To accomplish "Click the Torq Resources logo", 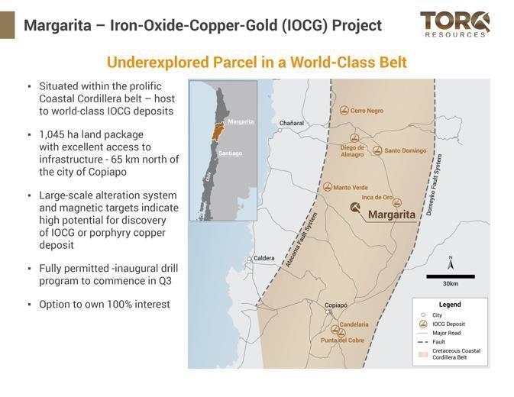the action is pos(454,24).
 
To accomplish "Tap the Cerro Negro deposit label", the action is pos(367,111).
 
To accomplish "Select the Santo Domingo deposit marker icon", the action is pos(377,150).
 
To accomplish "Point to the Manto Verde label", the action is pos(351,187).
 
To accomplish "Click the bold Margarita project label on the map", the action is pos(392,215).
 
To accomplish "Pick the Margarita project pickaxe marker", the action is pos(355,208).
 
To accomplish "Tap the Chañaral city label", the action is pos(292,123).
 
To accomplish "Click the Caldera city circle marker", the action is pos(250,259).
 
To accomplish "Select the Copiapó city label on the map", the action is pos(336,305).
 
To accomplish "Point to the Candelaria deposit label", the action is pos(354,324).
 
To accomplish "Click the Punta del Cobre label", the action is pos(343,341).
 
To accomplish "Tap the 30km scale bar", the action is pos(451,277).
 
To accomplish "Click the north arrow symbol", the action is pos(451,263).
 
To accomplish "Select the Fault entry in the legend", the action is pos(432,342).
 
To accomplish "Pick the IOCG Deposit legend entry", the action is pos(442,324).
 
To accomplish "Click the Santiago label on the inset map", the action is pos(231,153).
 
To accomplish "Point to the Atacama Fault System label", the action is pos(301,240).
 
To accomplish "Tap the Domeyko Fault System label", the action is pos(433,185).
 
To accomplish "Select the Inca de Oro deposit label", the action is pos(377,197).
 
